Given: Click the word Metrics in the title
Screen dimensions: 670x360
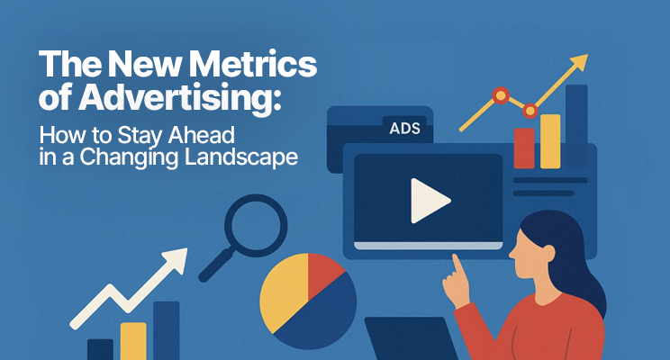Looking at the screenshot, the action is tap(252, 64).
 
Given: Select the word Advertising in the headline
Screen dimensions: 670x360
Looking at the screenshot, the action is tap(180, 99).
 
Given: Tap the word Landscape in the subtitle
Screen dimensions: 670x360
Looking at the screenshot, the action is tap(241, 157).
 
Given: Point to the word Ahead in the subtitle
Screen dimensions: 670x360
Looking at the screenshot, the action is tap(201, 135).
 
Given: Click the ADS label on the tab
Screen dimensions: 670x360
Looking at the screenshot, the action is tap(404, 129).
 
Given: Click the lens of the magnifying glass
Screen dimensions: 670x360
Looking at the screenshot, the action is tap(256, 225).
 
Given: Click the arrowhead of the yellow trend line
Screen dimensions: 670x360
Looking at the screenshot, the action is tap(579, 62).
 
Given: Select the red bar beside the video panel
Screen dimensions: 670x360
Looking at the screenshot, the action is tap(524, 148).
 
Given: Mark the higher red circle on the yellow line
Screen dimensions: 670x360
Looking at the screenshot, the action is tap(501, 95).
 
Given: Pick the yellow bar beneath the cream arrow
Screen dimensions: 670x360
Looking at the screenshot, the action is tap(133, 341).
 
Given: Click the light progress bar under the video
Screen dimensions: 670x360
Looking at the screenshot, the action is tap(428, 246).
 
